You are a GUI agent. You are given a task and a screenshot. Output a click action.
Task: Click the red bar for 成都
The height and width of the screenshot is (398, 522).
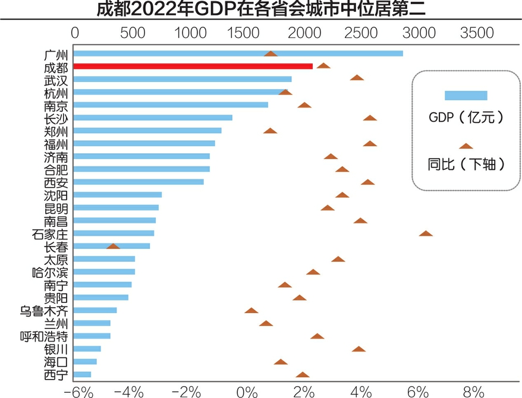point(193,66)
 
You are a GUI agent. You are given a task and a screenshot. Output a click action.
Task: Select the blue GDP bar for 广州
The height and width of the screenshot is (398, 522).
point(238,53)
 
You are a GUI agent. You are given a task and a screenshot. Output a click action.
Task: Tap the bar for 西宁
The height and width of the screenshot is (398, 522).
point(82,374)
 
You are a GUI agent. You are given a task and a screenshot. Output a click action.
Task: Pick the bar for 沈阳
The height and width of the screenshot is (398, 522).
point(118,195)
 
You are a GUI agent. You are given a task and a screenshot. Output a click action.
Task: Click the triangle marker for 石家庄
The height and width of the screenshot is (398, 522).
point(426,233)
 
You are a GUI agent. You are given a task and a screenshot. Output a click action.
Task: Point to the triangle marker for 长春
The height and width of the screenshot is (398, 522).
point(113,246)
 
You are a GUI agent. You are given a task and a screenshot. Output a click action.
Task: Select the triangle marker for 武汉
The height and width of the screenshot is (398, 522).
point(357,78)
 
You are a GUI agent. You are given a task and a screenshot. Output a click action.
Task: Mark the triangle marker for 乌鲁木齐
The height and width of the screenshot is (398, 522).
point(251,310)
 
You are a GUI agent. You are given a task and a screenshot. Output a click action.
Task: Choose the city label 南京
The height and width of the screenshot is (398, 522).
point(56,105)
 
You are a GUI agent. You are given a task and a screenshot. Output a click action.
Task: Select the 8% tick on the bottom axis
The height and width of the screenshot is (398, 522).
point(474,391)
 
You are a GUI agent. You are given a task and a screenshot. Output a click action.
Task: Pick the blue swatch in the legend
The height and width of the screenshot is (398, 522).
point(466,96)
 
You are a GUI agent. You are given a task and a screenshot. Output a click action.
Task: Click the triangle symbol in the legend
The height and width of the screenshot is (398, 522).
point(466,146)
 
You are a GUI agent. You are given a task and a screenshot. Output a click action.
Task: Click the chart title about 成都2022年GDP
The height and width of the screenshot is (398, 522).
point(260,10)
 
